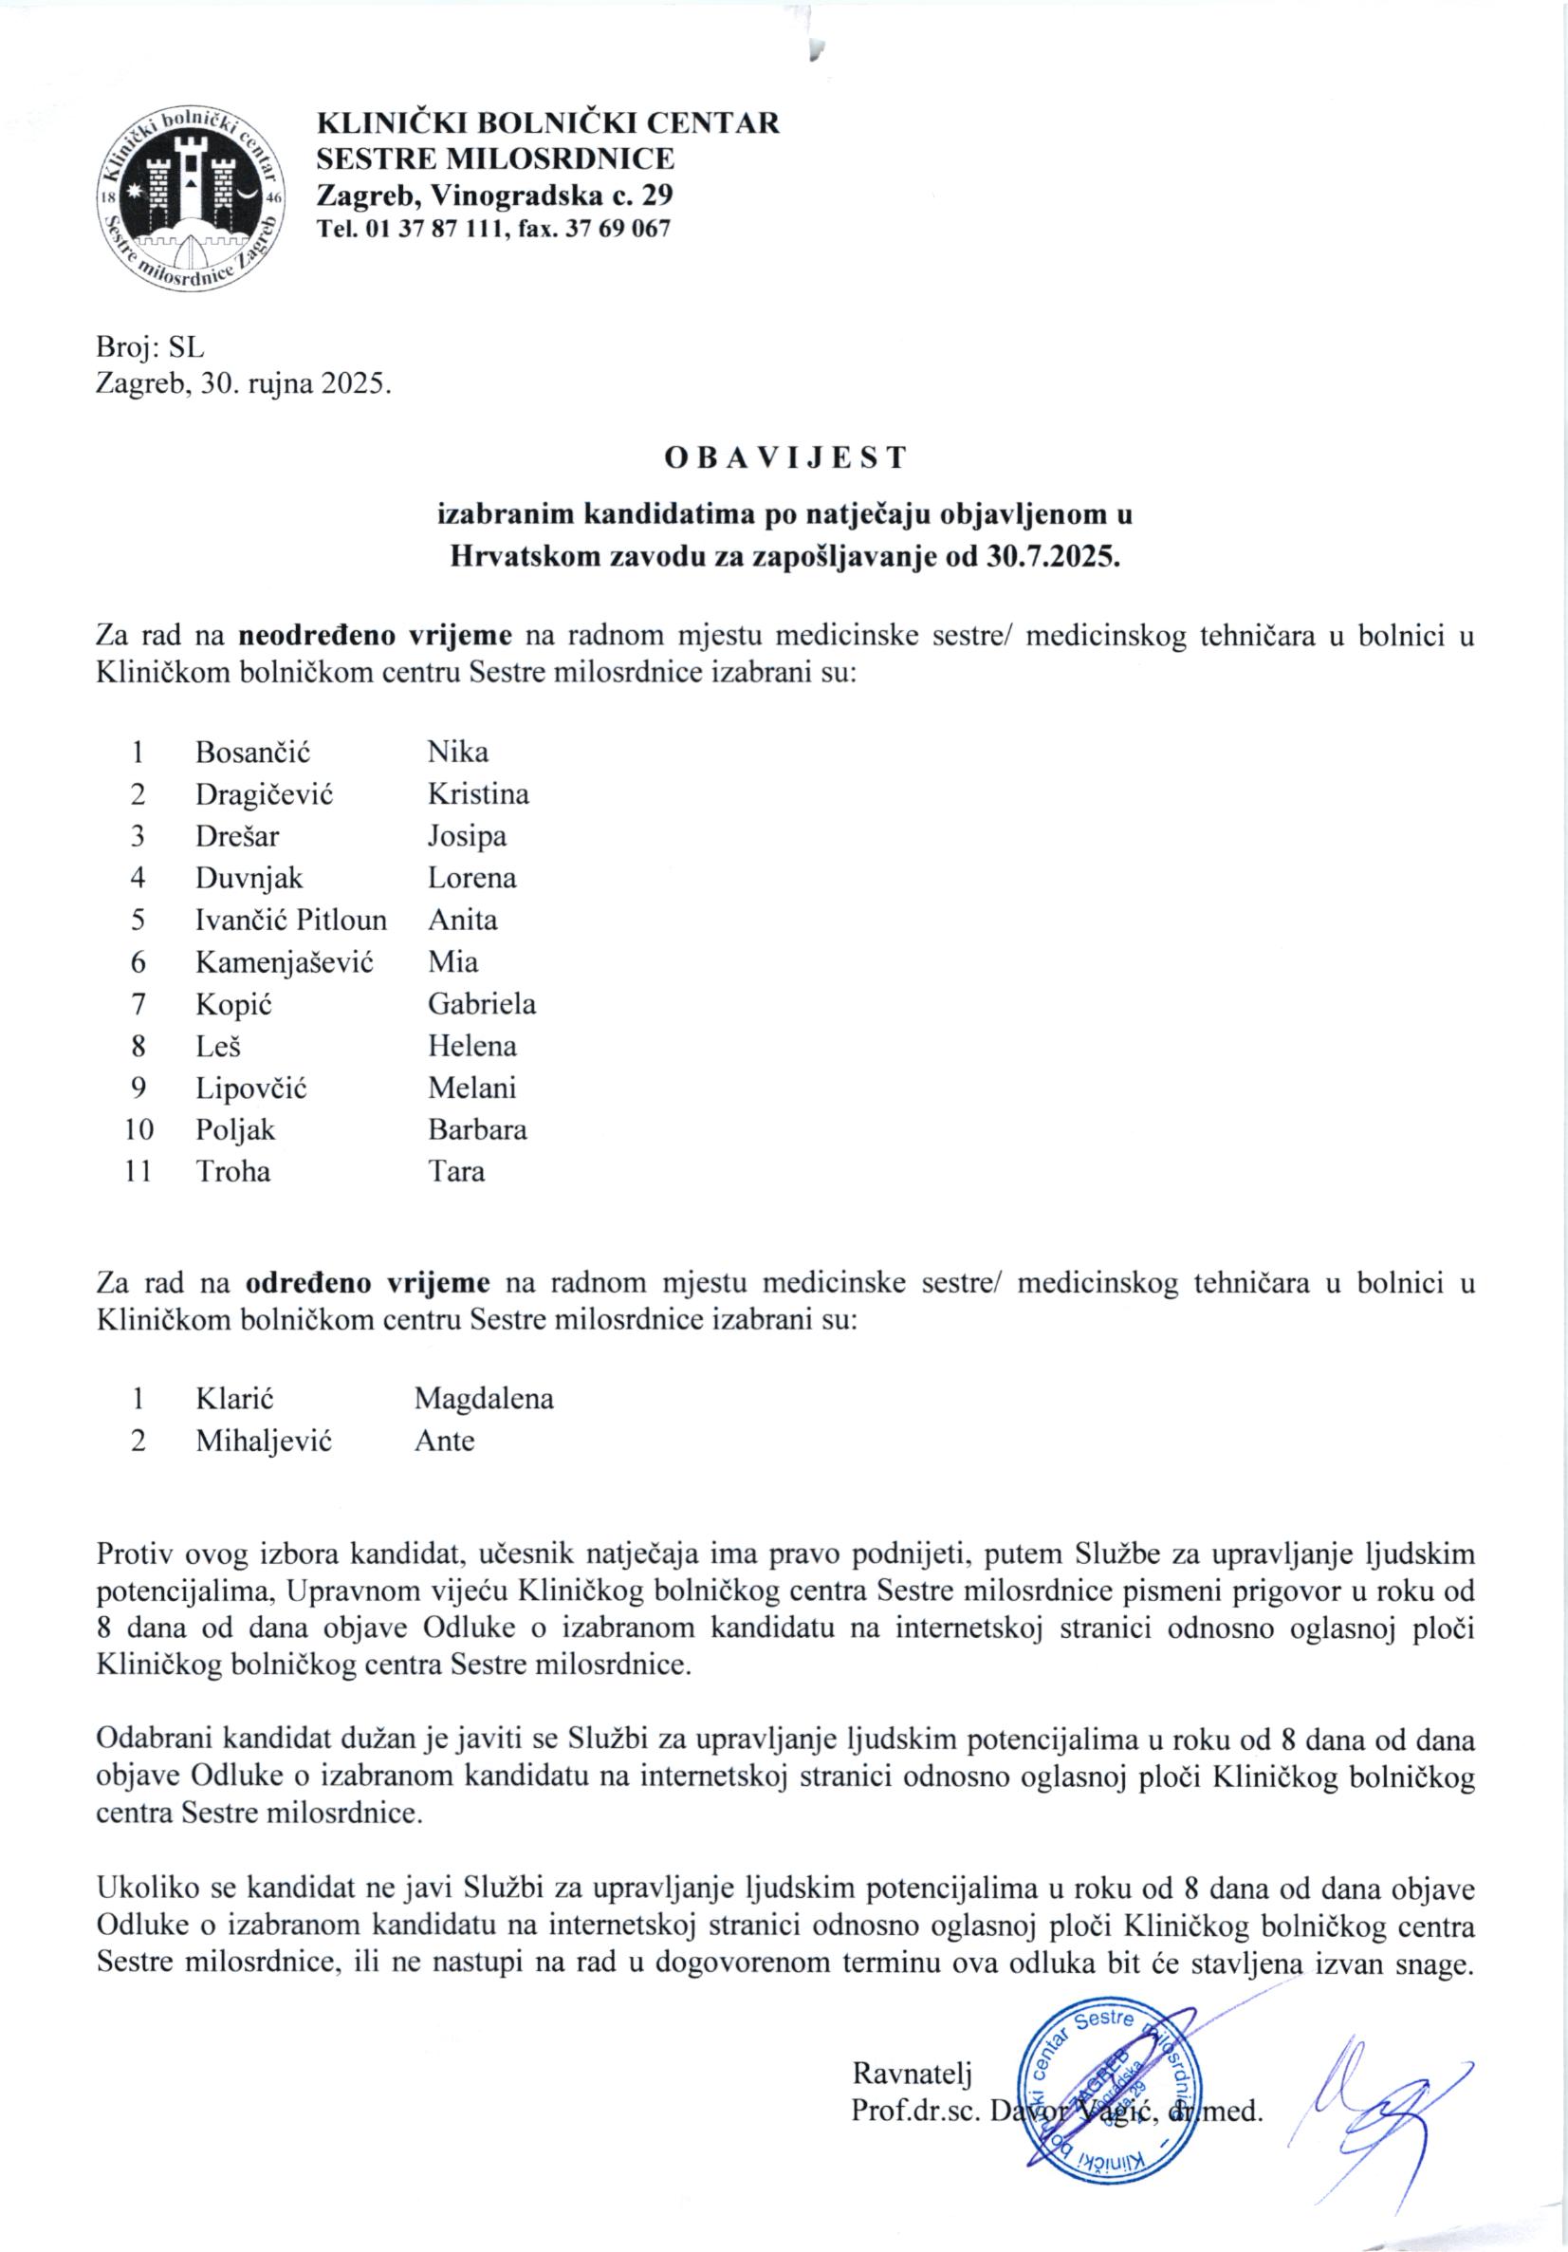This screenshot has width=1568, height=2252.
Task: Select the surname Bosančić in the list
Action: [253, 753]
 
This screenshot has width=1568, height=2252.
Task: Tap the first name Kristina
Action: [477, 793]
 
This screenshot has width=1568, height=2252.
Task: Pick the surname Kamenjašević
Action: [285, 961]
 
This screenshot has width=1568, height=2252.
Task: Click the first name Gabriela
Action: [482, 1003]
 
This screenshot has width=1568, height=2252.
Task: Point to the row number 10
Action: [138, 1129]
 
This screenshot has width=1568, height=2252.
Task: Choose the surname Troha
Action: [232, 1171]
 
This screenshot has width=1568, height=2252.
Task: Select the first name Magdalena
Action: [484, 1399]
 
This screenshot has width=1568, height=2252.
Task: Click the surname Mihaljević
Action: [264, 1441]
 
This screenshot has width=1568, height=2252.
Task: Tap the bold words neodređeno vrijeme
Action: [375, 635]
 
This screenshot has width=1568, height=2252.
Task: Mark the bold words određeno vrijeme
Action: [367, 1283]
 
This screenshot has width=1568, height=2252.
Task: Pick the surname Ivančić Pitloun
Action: [291, 919]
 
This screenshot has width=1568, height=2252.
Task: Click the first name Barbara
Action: [476, 1129]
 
